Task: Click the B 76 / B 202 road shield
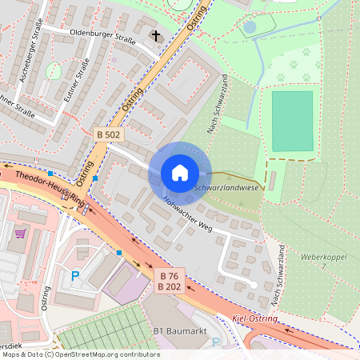click(x=168, y=281)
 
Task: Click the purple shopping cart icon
click(x=21, y=234)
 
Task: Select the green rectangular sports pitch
click(x=292, y=121)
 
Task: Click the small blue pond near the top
click(x=250, y=27)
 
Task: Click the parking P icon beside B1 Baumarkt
click(x=215, y=342)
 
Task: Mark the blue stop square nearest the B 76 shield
click(x=119, y=253)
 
